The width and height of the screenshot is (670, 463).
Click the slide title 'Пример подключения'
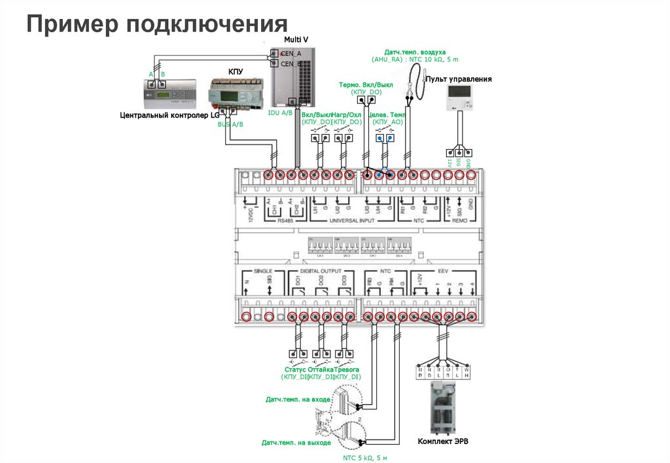(x=157, y=24)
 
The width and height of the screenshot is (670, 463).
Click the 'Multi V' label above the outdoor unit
(x=296, y=40)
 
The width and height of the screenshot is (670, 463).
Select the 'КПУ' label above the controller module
(x=236, y=71)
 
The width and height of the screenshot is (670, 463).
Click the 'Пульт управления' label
(x=459, y=79)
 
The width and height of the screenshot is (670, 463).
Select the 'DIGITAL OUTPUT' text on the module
(x=319, y=270)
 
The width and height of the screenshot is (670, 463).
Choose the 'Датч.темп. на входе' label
(x=298, y=399)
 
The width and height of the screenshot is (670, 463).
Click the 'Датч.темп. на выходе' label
(x=296, y=443)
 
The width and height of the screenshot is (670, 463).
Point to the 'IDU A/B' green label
(x=280, y=113)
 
